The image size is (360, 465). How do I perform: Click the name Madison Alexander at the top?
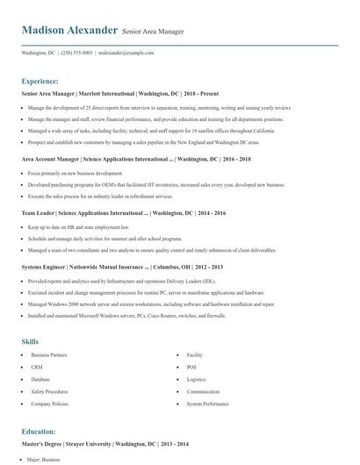69,30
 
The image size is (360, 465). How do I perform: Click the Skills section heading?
31,340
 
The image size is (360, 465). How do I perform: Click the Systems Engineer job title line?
122,267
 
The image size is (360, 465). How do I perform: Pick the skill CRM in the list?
37,367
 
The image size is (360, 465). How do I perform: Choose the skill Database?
41,379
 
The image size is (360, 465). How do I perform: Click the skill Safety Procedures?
49,391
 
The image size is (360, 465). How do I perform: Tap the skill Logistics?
196,379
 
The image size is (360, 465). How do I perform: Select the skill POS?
191,367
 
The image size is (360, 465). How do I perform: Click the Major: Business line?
45,459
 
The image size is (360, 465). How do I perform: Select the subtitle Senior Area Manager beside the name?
154,32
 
